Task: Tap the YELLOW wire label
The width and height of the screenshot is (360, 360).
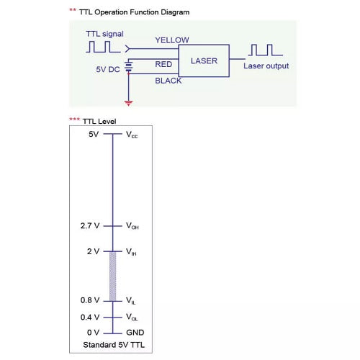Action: point(172,40)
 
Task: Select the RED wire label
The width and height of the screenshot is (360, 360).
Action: point(163,64)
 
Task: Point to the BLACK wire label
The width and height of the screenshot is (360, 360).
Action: point(168,81)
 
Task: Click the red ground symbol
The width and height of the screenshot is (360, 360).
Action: point(129,104)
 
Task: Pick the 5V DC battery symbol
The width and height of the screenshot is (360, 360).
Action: point(129,66)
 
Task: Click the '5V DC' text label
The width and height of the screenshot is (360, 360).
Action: point(108,69)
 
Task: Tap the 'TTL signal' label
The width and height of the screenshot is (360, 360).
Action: point(104,34)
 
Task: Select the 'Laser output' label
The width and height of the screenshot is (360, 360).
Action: point(266,66)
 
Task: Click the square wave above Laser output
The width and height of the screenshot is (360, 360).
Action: point(266,50)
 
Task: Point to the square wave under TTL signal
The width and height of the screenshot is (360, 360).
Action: point(104,47)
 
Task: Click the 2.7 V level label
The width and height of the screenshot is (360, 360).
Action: point(90,225)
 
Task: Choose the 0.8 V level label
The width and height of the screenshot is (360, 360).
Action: point(90,300)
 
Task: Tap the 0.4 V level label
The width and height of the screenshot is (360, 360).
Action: point(90,317)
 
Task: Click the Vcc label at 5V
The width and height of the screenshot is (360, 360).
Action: point(132,135)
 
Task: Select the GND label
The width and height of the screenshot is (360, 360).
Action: point(135,333)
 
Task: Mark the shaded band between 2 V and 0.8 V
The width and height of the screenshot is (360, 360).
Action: point(113,276)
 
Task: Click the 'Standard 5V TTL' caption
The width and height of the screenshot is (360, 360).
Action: point(114,345)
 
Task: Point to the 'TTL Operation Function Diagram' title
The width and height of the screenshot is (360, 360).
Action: point(134,12)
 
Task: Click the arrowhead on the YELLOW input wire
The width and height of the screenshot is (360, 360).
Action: point(127,49)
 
